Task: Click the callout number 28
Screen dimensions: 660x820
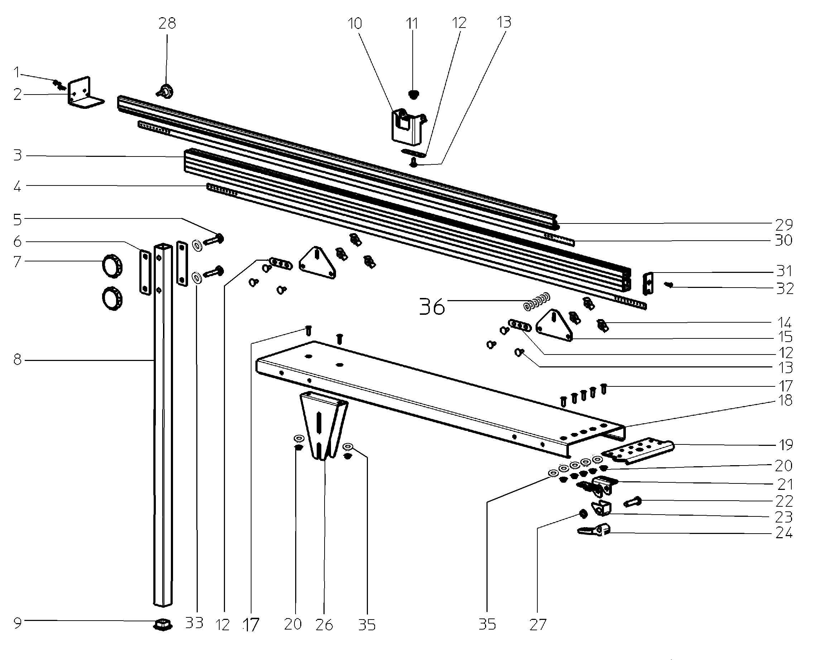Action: (x=167, y=24)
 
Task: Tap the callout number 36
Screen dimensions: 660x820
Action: (x=432, y=307)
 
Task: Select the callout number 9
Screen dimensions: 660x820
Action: (x=18, y=623)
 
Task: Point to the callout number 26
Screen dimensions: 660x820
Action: (x=324, y=625)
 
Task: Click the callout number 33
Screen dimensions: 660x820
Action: (x=194, y=623)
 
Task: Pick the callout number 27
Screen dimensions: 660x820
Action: (x=538, y=625)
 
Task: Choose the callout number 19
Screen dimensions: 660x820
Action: (x=784, y=444)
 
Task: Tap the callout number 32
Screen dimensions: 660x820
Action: (x=784, y=289)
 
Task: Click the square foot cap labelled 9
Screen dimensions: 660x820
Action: (x=162, y=624)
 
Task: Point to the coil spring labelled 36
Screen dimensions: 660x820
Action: (x=537, y=301)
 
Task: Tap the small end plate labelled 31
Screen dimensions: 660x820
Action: (x=648, y=284)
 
